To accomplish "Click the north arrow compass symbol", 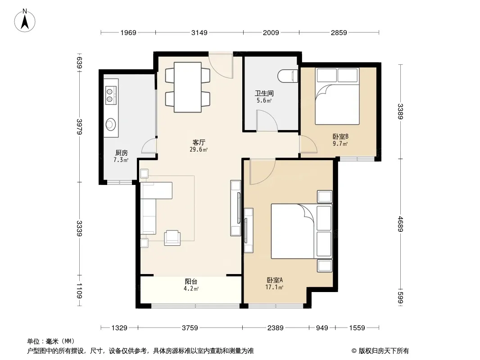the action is [x=25, y=21].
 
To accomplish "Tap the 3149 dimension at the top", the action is [x=199, y=32].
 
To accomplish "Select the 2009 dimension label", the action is [x=271, y=32].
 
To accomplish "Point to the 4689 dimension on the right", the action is [x=400, y=224].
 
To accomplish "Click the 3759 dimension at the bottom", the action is [x=190, y=328].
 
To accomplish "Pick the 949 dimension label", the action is [x=322, y=328].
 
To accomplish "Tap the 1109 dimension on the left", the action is [x=79, y=291].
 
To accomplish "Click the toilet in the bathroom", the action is [x=288, y=76].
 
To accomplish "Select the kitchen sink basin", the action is [x=110, y=124].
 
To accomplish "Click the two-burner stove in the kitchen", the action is [x=110, y=94].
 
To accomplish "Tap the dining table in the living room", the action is [x=188, y=87].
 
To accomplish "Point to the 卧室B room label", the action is [x=340, y=136].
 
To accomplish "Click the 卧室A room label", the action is [x=275, y=280].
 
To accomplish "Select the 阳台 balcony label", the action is [x=191, y=281].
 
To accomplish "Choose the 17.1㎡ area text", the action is [x=274, y=287].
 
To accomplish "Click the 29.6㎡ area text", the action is [x=199, y=149].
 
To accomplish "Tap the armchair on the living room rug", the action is [x=172, y=238].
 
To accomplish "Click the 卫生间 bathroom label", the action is [x=264, y=93].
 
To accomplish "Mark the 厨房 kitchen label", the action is [x=121, y=153].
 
